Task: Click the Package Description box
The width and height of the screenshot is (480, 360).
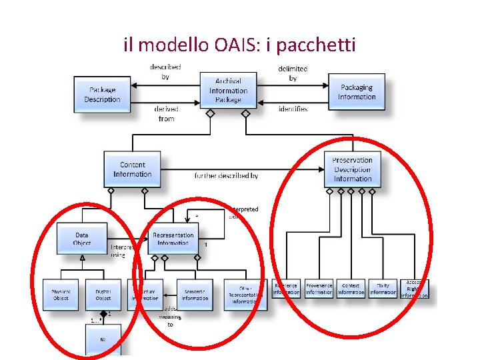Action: [x=103, y=95]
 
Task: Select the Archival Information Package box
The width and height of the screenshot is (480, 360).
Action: [x=228, y=91]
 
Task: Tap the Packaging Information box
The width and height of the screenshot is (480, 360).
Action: [x=357, y=93]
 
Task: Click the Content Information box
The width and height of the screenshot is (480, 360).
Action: [x=132, y=169]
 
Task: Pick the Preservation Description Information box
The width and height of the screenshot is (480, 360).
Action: [x=352, y=169]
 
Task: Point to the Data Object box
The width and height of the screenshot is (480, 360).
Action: [x=82, y=239]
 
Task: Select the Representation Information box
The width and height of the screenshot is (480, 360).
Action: [x=173, y=239]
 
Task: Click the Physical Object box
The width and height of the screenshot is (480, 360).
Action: [x=61, y=294]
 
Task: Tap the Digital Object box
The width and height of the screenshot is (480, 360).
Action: [x=103, y=294]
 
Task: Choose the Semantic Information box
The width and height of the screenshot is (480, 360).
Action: [x=195, y=294]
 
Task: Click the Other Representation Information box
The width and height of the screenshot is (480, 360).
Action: [x=245, y=294]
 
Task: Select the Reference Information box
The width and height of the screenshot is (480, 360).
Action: [x=286, y=289]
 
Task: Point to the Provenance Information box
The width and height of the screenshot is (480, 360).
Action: [x=319, y=289]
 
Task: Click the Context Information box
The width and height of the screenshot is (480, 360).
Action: [x=351, y=289]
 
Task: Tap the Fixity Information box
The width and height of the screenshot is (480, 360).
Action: [x=383, y=289]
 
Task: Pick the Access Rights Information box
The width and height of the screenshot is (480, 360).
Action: [x=415, y=289]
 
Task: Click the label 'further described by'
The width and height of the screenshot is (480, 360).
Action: [x=226, y=176]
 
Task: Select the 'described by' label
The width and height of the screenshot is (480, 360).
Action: [x=165, y=72]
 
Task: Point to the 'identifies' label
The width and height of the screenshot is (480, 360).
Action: [x=293, y=109]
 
